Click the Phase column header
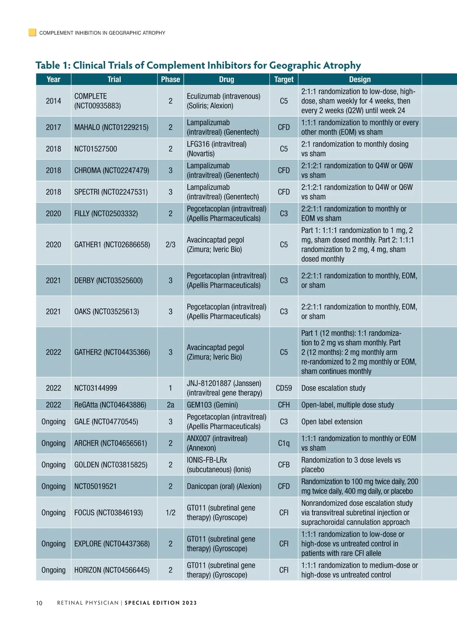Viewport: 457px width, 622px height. pos(170,79)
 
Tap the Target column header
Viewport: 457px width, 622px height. pos(284,79)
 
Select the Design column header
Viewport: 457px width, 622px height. pos(360,79)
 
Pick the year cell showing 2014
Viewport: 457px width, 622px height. pos(53,101)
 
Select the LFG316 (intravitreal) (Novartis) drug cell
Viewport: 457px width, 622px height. pos(216,149)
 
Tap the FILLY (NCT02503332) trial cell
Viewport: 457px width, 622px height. pos(106,214)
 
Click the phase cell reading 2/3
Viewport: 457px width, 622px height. pos(170,245)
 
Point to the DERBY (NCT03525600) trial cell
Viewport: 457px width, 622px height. pos(109,281)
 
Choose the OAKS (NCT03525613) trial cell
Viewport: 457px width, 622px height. pos(107,312)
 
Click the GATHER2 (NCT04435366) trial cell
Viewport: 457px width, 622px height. pos(112,352)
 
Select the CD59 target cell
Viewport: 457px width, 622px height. pos(284,388)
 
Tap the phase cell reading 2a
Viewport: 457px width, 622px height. pos(170,405)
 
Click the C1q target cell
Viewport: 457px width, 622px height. pos(284,443)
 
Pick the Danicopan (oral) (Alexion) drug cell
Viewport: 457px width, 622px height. pos(224,487)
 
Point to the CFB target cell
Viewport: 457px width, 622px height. pos(284,465)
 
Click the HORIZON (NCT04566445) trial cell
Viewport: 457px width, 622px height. pos(112,570)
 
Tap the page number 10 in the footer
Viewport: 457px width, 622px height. pos(39,603)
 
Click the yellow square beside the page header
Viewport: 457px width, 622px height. pos(32,32)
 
